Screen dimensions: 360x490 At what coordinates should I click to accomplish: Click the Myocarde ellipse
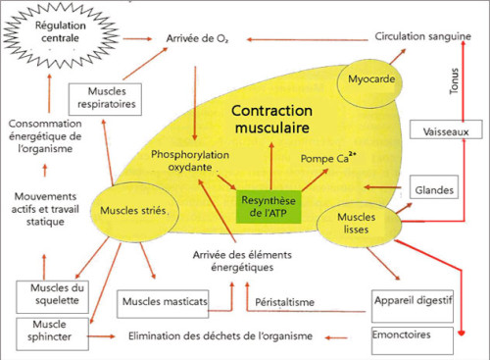tap(369, 78)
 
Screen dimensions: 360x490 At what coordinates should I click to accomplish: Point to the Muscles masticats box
tap(164, 302)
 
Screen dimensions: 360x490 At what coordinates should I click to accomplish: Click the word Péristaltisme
tap(284, 302)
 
